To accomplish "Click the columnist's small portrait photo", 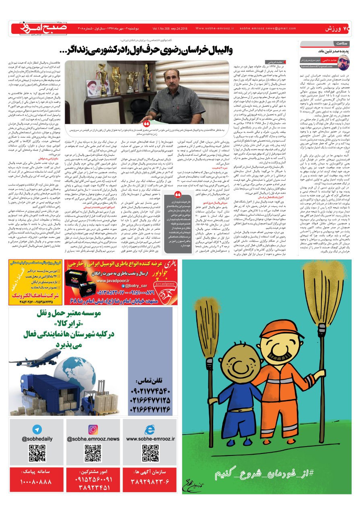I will pyautogui.click(x=344, y=63).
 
